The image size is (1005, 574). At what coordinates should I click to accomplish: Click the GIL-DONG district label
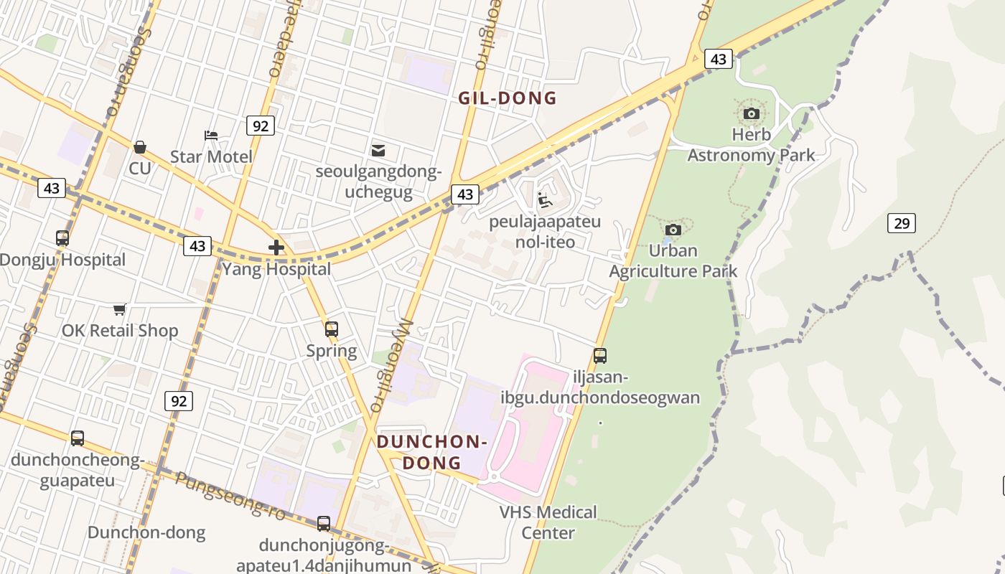508,98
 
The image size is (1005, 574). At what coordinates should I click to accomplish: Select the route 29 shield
901,223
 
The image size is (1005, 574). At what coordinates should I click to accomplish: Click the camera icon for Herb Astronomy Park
752,113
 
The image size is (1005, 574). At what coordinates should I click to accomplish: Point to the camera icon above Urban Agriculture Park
673,230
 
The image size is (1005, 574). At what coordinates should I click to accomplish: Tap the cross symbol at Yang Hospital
276,248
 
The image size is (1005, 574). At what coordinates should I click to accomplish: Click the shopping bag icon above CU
140,147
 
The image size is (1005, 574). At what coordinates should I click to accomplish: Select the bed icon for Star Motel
211,135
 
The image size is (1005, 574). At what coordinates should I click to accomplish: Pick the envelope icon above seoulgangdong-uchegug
378,150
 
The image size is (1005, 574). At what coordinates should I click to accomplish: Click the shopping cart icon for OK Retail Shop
120,309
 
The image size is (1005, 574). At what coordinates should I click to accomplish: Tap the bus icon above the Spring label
331,329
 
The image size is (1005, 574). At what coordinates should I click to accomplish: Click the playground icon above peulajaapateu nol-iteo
545,200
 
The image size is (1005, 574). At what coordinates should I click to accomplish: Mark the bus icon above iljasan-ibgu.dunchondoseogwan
600,355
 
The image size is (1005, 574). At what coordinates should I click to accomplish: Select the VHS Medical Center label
548,522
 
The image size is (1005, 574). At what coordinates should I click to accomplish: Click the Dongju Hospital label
62,260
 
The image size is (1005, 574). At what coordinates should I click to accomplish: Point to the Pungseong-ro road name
230,496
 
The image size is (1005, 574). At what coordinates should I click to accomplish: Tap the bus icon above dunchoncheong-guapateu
77,438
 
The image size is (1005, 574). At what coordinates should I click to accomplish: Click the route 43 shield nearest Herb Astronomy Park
718,59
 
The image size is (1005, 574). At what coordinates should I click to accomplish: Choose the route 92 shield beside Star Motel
260,126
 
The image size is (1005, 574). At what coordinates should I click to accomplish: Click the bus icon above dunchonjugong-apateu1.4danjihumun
324,524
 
